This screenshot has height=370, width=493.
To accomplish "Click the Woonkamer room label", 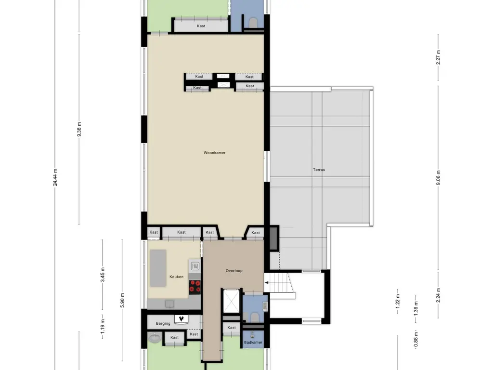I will pos(214,153).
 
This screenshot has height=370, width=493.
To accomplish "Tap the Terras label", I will pos(319,170).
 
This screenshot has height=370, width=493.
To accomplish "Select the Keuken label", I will pos(176,277).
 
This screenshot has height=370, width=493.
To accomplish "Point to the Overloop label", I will pos(234,271).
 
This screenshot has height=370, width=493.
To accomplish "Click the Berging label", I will pos(163,323).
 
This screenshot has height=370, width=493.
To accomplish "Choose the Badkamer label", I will pos(253,343).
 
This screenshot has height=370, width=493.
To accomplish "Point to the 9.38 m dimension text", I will pos(79,129).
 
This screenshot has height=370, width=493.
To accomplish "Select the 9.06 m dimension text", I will pos(438,179).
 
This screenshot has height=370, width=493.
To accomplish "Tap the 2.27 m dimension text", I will pos(438,58).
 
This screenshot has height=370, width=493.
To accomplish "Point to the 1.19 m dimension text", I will pos(103,327).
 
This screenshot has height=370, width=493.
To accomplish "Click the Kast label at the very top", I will pos(201,26).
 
